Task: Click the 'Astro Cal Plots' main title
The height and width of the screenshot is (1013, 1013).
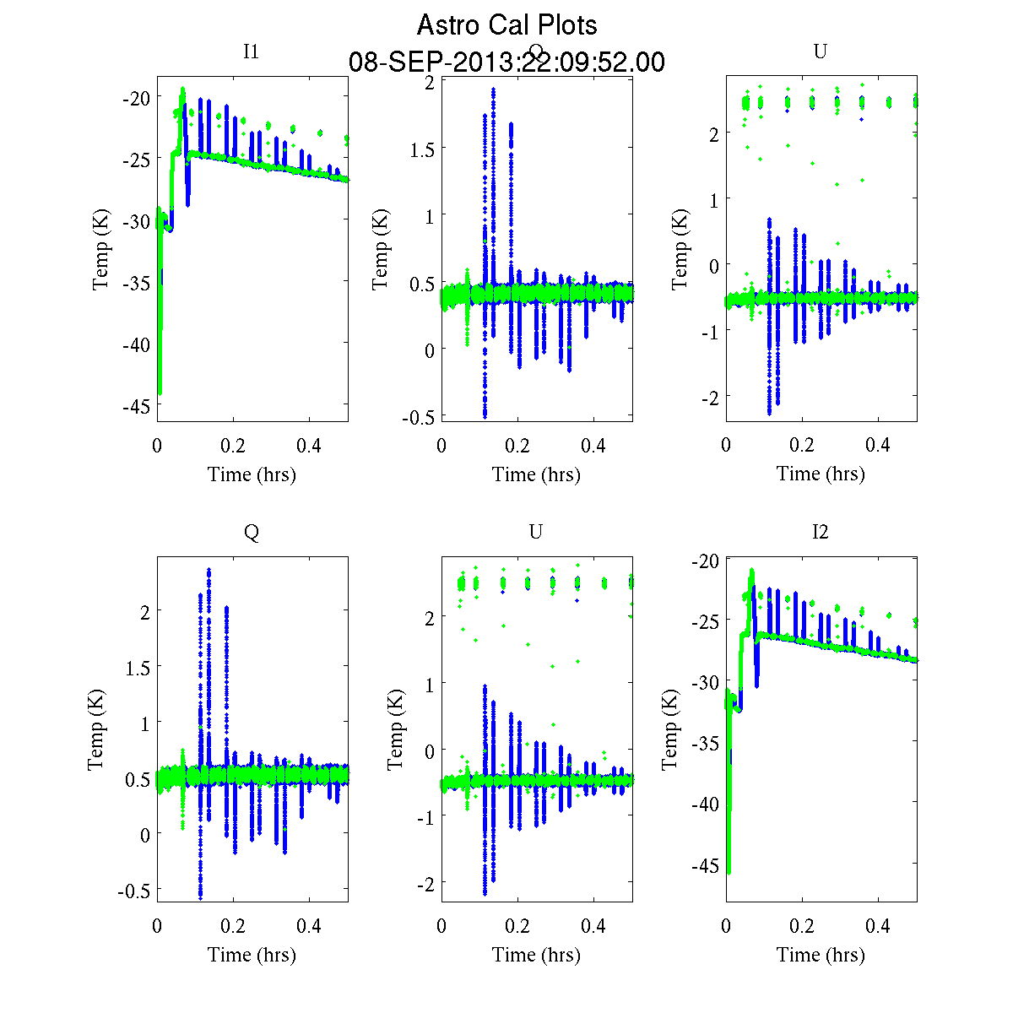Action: coord(506,25)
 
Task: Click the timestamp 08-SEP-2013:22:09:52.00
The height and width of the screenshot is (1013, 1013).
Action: coord(506,62)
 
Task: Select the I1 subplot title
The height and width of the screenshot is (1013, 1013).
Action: coord(251,51)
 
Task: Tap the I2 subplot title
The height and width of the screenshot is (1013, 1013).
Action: coord(820,532)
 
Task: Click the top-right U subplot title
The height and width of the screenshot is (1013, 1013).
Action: coord(820,51)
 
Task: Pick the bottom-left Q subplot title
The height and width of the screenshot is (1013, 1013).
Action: coord(251,532)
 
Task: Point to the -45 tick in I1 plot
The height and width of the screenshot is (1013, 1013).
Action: coord(134,406)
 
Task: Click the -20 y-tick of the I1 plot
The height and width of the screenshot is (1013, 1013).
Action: coord(134,97)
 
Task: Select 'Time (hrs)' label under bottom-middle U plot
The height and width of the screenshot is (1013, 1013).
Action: coord(536,955)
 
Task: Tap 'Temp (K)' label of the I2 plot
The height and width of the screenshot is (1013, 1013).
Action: coord(670,729)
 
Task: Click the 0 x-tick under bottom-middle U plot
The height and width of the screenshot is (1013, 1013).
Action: coord(441,926)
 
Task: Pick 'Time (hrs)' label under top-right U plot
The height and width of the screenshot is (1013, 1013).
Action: coord(821,474)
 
